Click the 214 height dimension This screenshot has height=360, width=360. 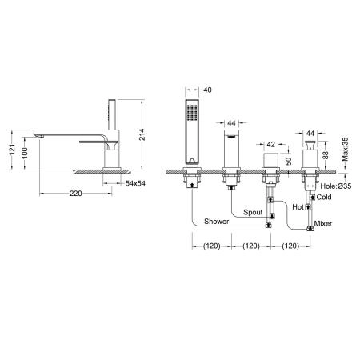[x=142, y=134]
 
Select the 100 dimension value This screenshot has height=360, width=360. [x=25, y=153]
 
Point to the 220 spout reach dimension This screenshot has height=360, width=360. [x=76, y=194]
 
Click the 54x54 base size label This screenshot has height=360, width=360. [x=135, y=183]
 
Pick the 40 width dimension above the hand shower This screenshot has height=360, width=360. [x=207, y=90]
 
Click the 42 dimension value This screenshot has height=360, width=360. [x=270, y=144]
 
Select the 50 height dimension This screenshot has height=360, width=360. [x=289, y=162]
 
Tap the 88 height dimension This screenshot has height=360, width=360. [x=326, y=155]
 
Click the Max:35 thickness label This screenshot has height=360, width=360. [x=346, y=149]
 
